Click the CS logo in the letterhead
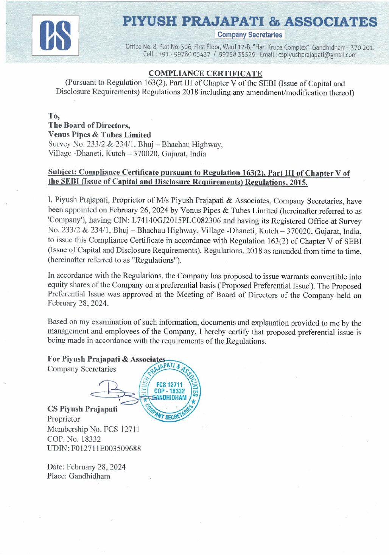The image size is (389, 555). pos(55,35)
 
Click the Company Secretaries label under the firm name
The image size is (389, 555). pos(250,34)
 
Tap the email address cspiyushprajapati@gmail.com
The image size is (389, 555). pos(317,55)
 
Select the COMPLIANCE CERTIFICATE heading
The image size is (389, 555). pos(205,73)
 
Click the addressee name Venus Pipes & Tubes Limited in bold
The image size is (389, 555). pos(100,135)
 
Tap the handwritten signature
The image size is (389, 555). pos(114,392)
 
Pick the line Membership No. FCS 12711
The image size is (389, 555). pos(93,429)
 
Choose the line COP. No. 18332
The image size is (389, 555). pos(74,439)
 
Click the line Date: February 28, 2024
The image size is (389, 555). pos(86,467)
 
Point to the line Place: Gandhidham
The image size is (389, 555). pos(79,476)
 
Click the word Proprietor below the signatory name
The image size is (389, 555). pos(64,419)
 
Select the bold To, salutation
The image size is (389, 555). pos(54,116)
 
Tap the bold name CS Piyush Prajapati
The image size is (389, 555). pos(82,409)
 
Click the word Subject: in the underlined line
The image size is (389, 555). pos(62,172)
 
